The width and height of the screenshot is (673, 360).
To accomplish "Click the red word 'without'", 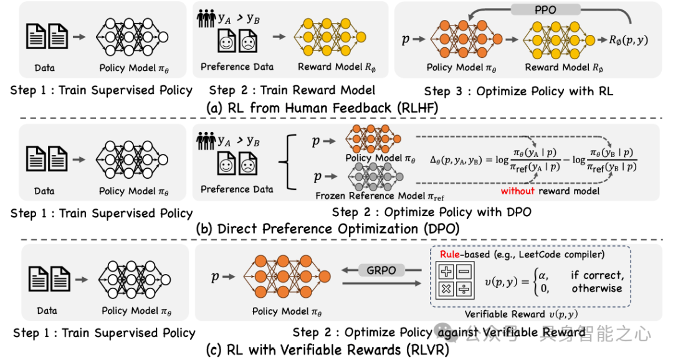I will [x=518, y=191].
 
